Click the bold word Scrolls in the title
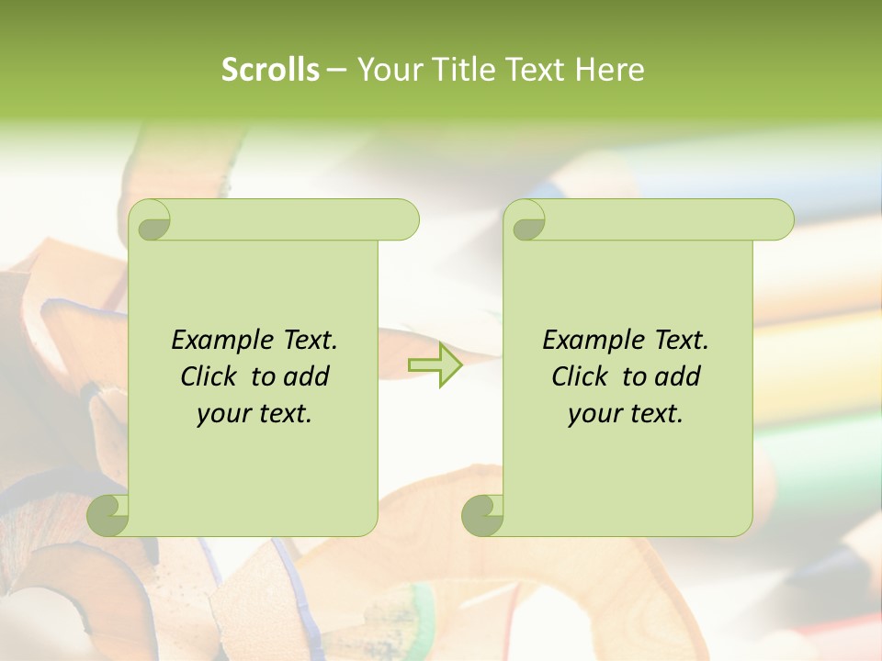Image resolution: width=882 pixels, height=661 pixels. pos(270,69)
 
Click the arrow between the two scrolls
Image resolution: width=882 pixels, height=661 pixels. pos(435,365)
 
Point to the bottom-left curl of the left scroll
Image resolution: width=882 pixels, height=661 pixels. pos(108,516)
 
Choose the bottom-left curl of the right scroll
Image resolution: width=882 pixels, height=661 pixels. pos(482,516)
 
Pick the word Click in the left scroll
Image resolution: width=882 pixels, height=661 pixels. pos(209,376)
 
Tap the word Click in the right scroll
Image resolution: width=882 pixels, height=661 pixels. pos(580,376)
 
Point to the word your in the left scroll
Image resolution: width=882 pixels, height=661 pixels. pos(220,414)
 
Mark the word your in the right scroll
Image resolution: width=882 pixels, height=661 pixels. pos(592,414)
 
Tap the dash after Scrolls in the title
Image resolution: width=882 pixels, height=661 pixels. pos(337,69)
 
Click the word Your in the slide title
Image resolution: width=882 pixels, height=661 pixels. pos(388,69)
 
